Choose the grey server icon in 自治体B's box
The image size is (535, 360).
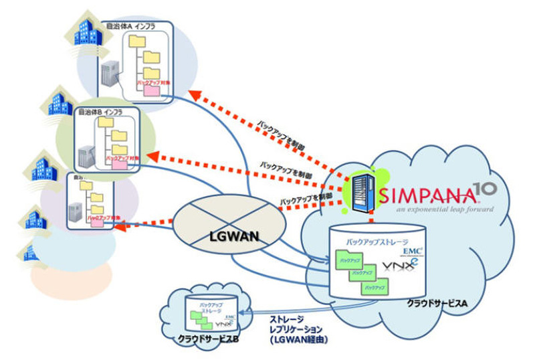86,156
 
